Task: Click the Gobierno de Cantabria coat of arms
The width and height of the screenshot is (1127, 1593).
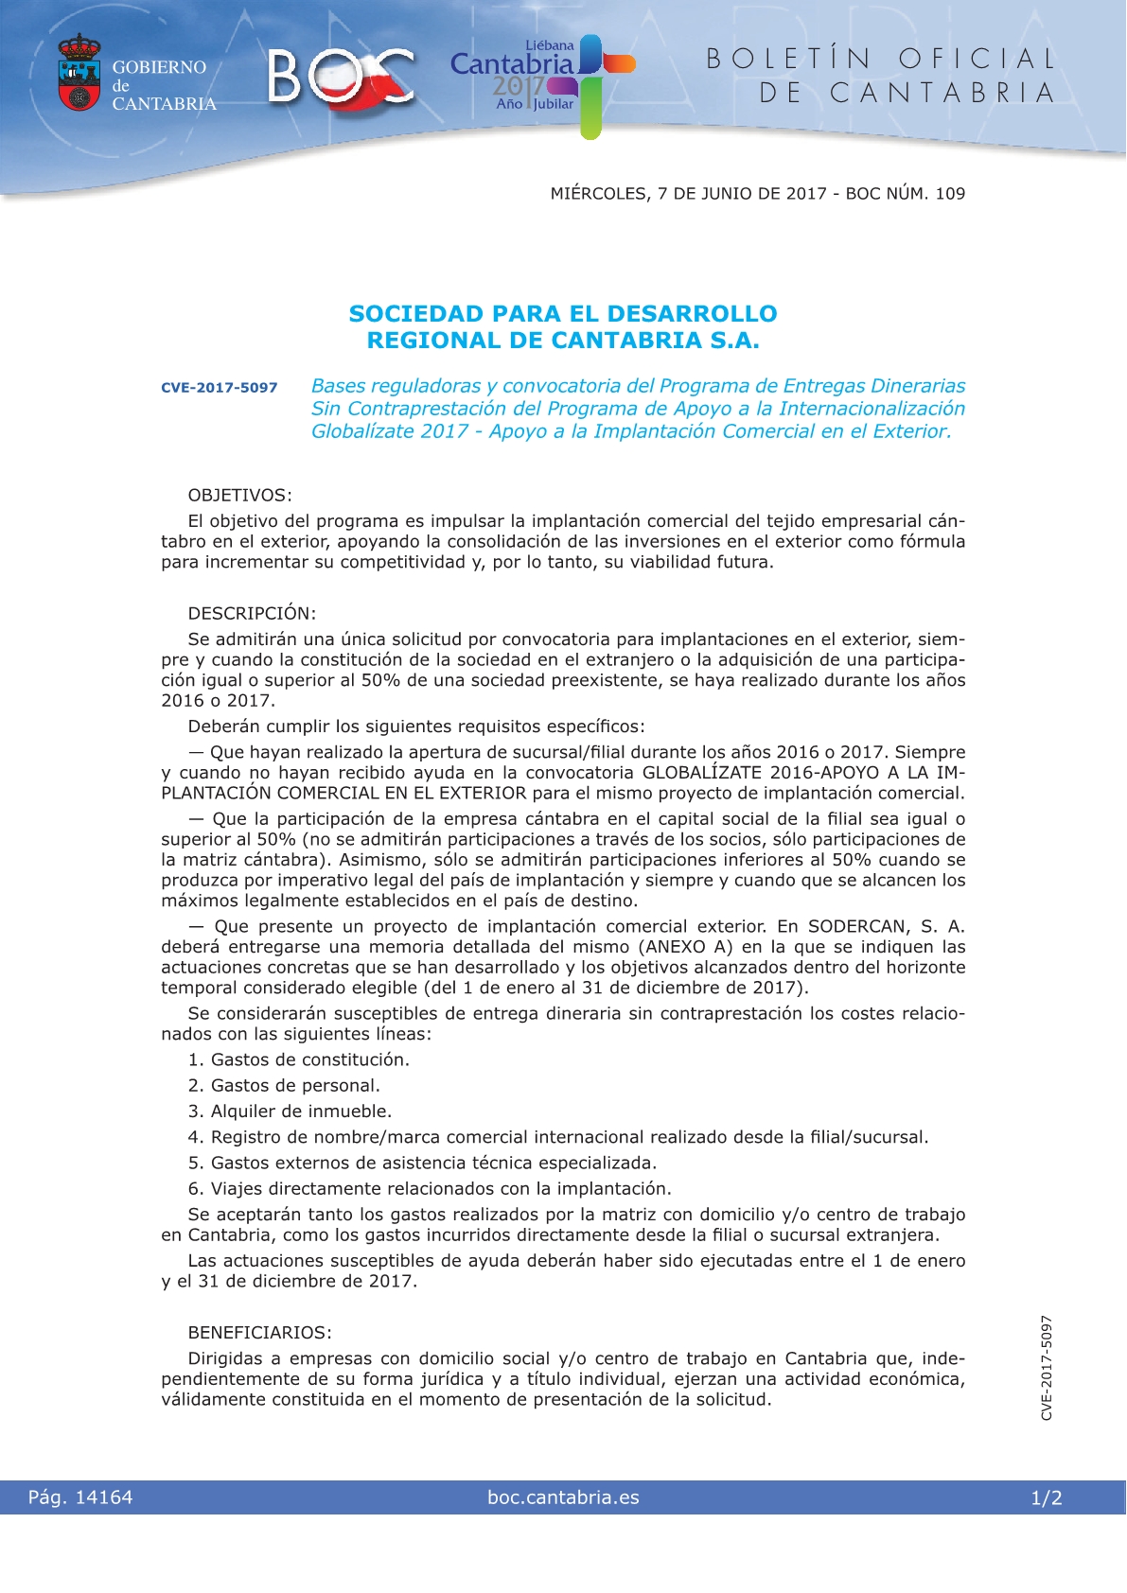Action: click(79, 73)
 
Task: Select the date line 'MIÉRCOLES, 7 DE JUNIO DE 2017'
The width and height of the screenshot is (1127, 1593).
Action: click(689, 194)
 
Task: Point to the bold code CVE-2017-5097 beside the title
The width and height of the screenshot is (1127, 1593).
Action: click(220, 388)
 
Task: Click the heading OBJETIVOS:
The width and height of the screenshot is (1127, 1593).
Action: click(240, 496)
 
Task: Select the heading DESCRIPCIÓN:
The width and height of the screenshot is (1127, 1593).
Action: click(252, 613)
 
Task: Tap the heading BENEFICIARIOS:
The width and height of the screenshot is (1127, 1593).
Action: click(260, 1333)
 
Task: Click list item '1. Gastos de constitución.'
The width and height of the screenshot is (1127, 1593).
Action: click(299, 1060)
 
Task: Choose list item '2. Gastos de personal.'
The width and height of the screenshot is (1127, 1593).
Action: click(284, 1086)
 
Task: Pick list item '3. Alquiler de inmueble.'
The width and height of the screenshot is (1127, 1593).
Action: click(290, 1112)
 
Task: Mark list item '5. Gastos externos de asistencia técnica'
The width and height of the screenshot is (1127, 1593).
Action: click(422, 1163)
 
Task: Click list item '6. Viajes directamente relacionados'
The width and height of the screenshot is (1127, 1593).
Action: click(430, 1189)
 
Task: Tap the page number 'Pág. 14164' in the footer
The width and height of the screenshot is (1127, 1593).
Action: click(80, 1497)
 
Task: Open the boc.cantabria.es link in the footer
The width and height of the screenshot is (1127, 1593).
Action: click(563, 1497)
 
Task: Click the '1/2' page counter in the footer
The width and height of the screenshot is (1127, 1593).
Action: click(1047, 1497)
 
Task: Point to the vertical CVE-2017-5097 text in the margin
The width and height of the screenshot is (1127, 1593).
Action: click(1047, 1368)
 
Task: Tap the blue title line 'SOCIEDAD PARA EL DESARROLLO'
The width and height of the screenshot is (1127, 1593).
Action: click(563, 314)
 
